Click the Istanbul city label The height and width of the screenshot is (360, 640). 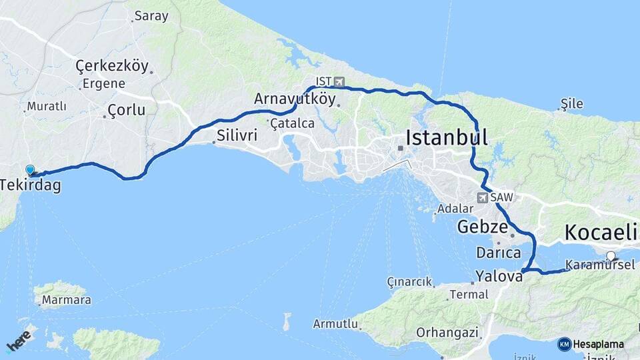pyautogui.click(x=447, y=138)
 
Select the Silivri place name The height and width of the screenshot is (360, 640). pyautogui.click(x=236, y=135)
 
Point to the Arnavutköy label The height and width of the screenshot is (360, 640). pyautogui.click(x=294, y=99)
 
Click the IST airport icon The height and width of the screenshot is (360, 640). pyautogui.click(x=340, y=82)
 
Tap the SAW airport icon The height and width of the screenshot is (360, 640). pyautogui.click(x=482, y=197)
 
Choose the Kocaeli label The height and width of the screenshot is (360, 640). pyautogui.click(x=601, y=233)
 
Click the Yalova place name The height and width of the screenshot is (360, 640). pyautogui.click(x=499, y=275)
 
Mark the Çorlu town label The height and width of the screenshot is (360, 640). pyautogui.click(x=126, y=111)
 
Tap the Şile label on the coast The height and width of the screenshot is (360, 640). pyautogui.click(x=572, y=103)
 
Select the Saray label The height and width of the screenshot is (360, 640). pyautogui.click(x=151, y=16)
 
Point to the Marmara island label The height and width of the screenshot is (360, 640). pyautogui.click(x=66, y=301)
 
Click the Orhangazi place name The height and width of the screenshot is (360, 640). pyautogui.click(x=447, y=331)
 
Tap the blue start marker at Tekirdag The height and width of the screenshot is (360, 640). pyautogui.click(x=30, y=171)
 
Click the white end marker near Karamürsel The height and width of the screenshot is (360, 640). pyautogui.click(x=611, y=256)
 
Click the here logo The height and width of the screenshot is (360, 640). pyautogui.click(x=19, y=340)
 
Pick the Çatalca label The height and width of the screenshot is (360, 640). pyautogui.click(x=291, y=123)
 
